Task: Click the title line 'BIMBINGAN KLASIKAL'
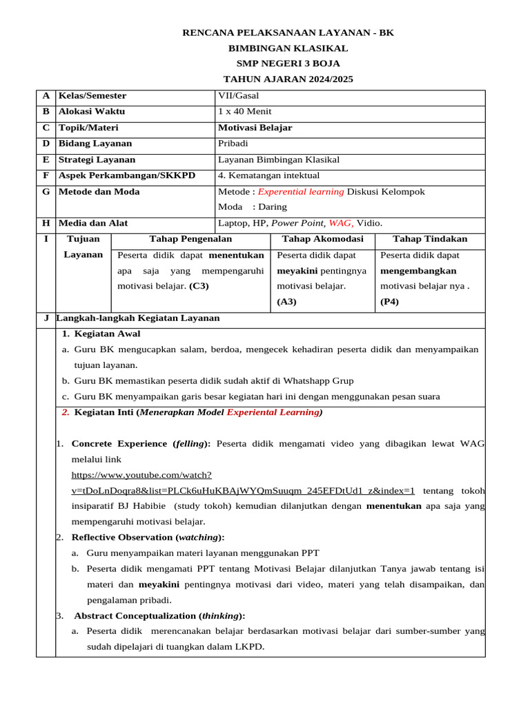click(x=288, y=48)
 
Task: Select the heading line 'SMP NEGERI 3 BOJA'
click(x=288, y=64)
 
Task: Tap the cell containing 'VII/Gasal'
click(x=238, y=96)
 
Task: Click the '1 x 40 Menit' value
click(x=244, y=111)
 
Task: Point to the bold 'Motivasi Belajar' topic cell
click(x=255, y=128)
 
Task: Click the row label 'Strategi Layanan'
click(x=97, y=159)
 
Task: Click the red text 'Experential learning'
click(x=301, y=191)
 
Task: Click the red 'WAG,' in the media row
click(x=341, y=223)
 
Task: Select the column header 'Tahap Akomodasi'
click(x=322, y=239)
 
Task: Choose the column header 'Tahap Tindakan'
click(x=429, y=239)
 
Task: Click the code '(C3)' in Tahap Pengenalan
click(x=199, y=285)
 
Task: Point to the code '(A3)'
click(x=286, y=301)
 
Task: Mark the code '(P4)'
click(x=390, y=301)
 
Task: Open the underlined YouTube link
click(x=243, y=490)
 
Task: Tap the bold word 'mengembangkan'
click(x=418, y=270)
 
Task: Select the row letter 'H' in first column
click(x=46, y=223)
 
